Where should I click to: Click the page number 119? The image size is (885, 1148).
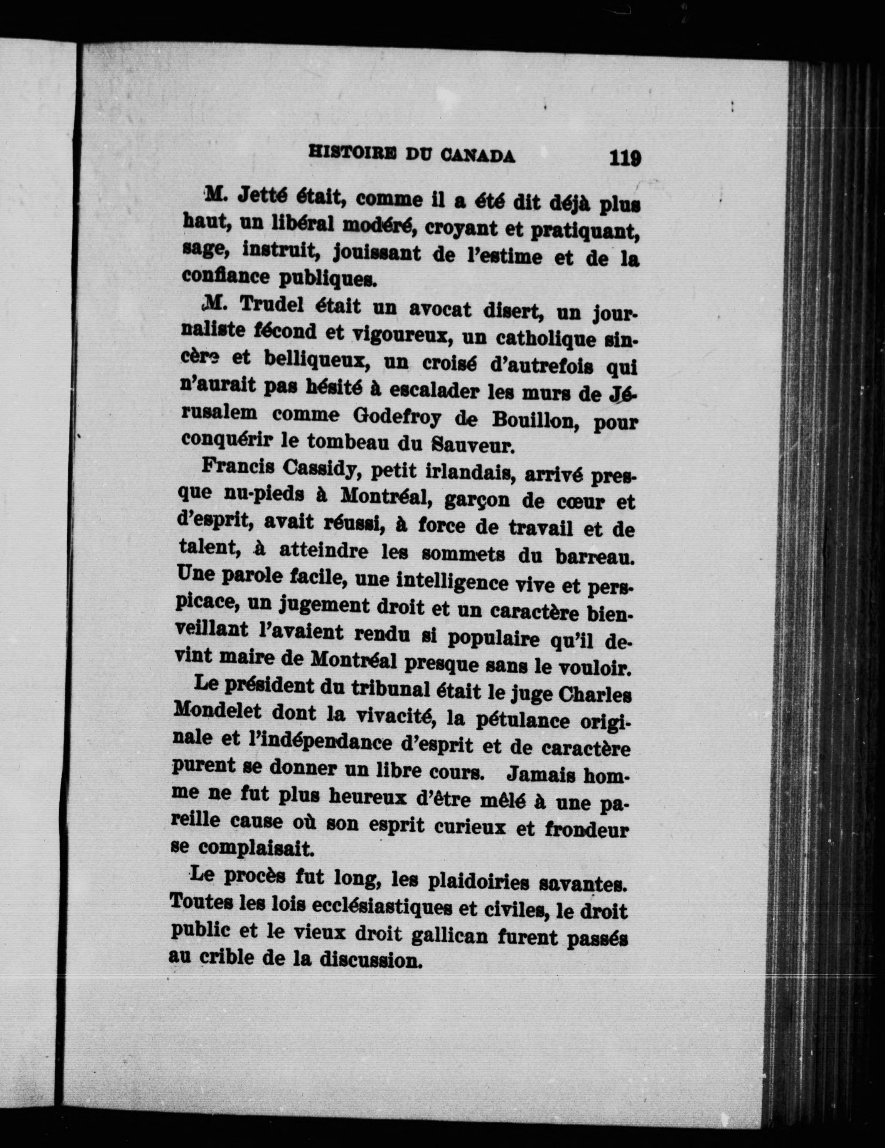(x=625, y=158)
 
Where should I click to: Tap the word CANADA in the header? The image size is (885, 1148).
(x=477, y=155)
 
